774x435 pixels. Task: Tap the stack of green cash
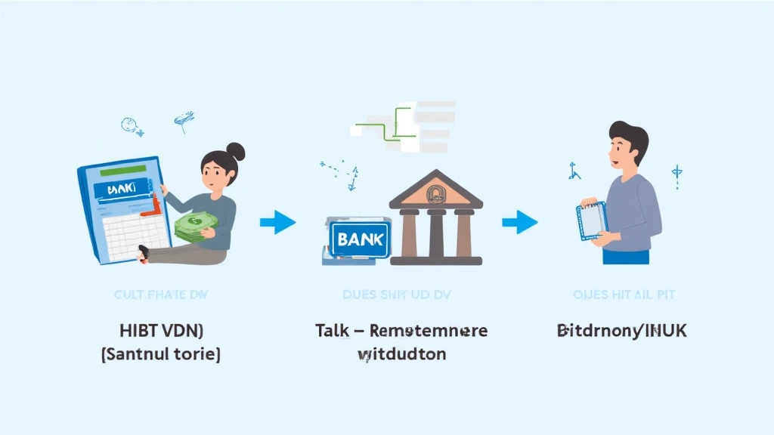click(192, 225)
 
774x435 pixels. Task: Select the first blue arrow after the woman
click(278, 222)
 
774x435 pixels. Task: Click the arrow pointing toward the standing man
click(520, 222)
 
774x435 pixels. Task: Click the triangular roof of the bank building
click(435, 192)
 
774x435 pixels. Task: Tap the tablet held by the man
click(593, 221)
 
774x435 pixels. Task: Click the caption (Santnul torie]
click(160, 353)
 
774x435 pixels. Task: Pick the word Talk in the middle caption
click(332, 331)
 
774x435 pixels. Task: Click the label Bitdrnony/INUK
click(621, 331)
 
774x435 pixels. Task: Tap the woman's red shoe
click(143, 251)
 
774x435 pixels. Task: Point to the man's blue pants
click(626, 257)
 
